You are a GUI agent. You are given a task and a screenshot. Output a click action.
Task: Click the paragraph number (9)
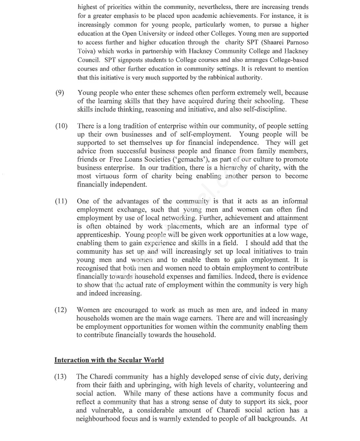tap(59, 92)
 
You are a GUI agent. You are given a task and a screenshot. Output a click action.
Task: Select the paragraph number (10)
tap(61, 126)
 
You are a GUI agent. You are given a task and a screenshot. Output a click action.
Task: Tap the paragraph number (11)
tap(61, 201)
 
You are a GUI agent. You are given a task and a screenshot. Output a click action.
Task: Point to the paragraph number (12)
tap(61, 310)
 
